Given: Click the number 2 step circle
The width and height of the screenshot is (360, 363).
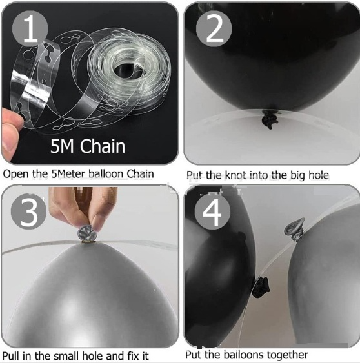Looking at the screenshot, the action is coord(214,29).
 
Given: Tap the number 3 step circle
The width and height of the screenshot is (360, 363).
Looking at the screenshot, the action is coord(29,211).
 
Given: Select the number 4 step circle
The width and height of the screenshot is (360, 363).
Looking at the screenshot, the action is coord(212,211).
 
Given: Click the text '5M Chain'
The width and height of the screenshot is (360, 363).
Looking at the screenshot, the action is coord(88,146).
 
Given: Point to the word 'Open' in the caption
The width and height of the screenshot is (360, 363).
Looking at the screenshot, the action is coord(15,174).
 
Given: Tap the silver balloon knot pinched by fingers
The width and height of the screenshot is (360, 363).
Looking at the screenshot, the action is coord(88,234).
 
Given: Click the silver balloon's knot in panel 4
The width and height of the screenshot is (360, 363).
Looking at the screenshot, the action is coord(294,229).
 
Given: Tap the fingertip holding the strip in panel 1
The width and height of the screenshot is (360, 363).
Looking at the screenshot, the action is coord(12,117).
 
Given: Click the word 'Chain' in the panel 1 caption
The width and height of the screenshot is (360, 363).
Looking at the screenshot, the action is coord(140,174).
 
